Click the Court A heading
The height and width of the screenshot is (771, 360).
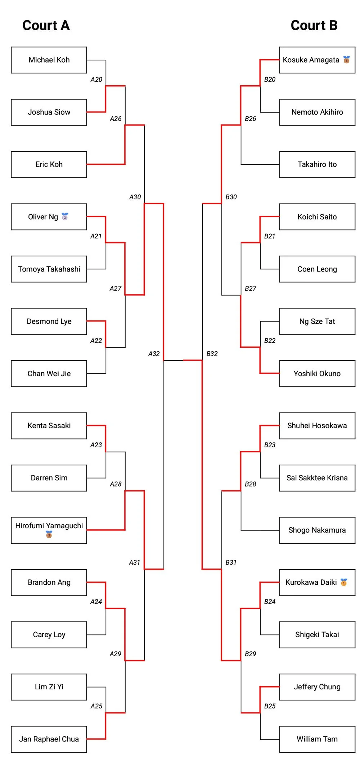tap(46, 25)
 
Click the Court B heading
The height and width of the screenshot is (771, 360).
tap(314, 25)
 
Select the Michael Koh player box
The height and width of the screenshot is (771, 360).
tap(49, 60)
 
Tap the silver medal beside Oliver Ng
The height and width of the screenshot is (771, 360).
tap(65, 216)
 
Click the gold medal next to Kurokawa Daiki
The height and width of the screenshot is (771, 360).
tap(344, 582)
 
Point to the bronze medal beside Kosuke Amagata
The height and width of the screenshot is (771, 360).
tap(346, 60)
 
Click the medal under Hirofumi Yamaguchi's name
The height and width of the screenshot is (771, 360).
tap(49, 535)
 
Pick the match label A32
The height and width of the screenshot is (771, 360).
tap(154, 354)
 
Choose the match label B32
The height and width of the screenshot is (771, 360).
tap(212, 354)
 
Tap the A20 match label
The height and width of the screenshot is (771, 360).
tap(96, 79)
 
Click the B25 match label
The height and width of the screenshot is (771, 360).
tap(270, 706)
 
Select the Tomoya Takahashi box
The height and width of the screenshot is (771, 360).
tap(49, 269)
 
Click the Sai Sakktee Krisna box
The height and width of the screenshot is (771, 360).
tap(317, 478)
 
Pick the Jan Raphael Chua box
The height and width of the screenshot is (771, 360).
tap(49, 739)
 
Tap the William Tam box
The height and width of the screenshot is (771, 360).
tap(317, 739)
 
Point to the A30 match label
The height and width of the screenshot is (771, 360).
tap(135, 197)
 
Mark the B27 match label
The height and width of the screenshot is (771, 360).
tap(251, 288)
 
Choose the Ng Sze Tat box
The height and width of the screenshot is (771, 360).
tap(317, 321)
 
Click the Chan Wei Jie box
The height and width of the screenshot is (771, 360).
tap(49, 374)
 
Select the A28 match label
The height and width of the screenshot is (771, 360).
tap(116, 484)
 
